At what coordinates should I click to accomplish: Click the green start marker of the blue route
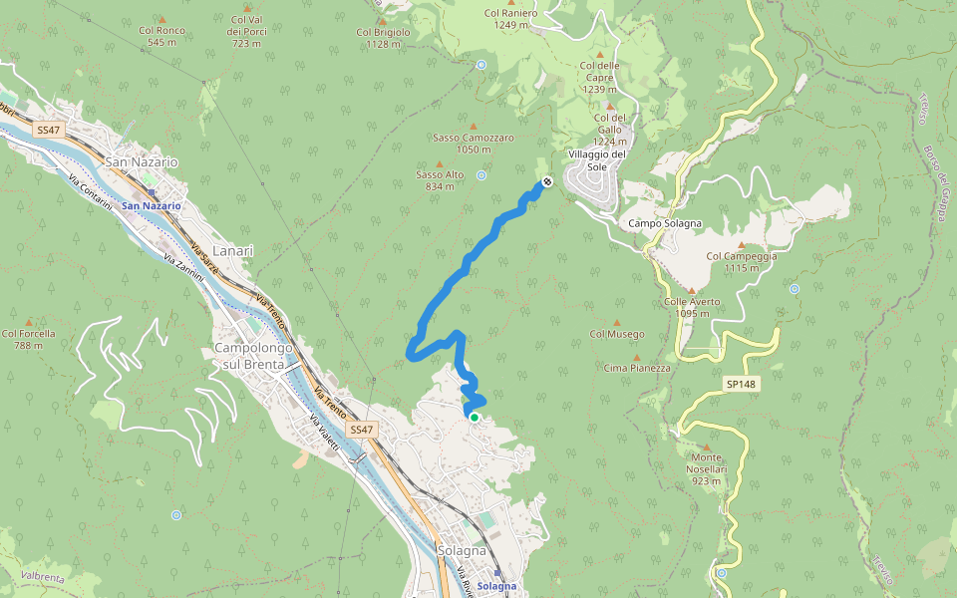475,418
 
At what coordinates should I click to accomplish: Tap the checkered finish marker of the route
547,182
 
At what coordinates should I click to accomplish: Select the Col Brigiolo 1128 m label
383,37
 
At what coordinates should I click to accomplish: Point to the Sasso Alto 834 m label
440,179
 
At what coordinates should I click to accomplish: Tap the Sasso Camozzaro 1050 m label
474,143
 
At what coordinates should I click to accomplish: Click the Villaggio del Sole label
597,160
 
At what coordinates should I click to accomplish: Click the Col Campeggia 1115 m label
741,261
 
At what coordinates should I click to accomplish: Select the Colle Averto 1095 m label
692,306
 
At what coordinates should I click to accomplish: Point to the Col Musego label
617,334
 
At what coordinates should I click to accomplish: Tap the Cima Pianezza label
637,368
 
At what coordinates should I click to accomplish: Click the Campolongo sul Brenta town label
253,356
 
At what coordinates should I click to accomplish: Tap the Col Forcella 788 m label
29,339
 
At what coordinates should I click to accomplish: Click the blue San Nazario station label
152,205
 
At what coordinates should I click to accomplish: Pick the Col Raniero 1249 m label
510,19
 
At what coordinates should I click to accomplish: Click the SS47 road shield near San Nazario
48,131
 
